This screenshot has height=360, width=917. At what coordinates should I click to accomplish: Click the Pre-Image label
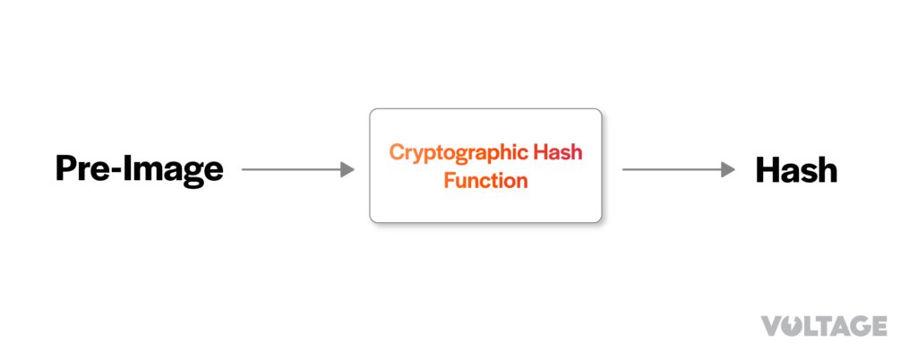(139, 170)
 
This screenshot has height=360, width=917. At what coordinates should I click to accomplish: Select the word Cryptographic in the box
(458, 153)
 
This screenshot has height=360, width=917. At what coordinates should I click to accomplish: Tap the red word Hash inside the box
(557, 152)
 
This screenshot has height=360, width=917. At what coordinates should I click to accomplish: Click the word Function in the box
(485, 180)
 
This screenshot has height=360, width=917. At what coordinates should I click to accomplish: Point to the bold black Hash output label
(796, 170)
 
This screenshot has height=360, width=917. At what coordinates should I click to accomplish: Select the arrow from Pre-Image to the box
(297, 169)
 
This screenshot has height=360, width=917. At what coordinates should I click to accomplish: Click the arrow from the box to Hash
(679, 169)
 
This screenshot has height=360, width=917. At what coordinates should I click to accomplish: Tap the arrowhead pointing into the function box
(347, 169)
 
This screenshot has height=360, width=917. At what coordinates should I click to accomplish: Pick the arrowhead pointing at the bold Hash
(728, 169)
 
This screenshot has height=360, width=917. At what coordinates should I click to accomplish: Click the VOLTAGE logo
(824, 326)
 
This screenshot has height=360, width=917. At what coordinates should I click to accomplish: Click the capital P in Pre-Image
(66, 169)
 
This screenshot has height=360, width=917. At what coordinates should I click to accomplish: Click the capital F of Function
(450, 180)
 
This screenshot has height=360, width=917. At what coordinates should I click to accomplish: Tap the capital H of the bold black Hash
(767, 170)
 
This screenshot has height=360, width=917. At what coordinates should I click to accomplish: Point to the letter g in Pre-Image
(193, 174)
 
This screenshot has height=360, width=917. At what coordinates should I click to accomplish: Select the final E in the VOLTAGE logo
(879, 326)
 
